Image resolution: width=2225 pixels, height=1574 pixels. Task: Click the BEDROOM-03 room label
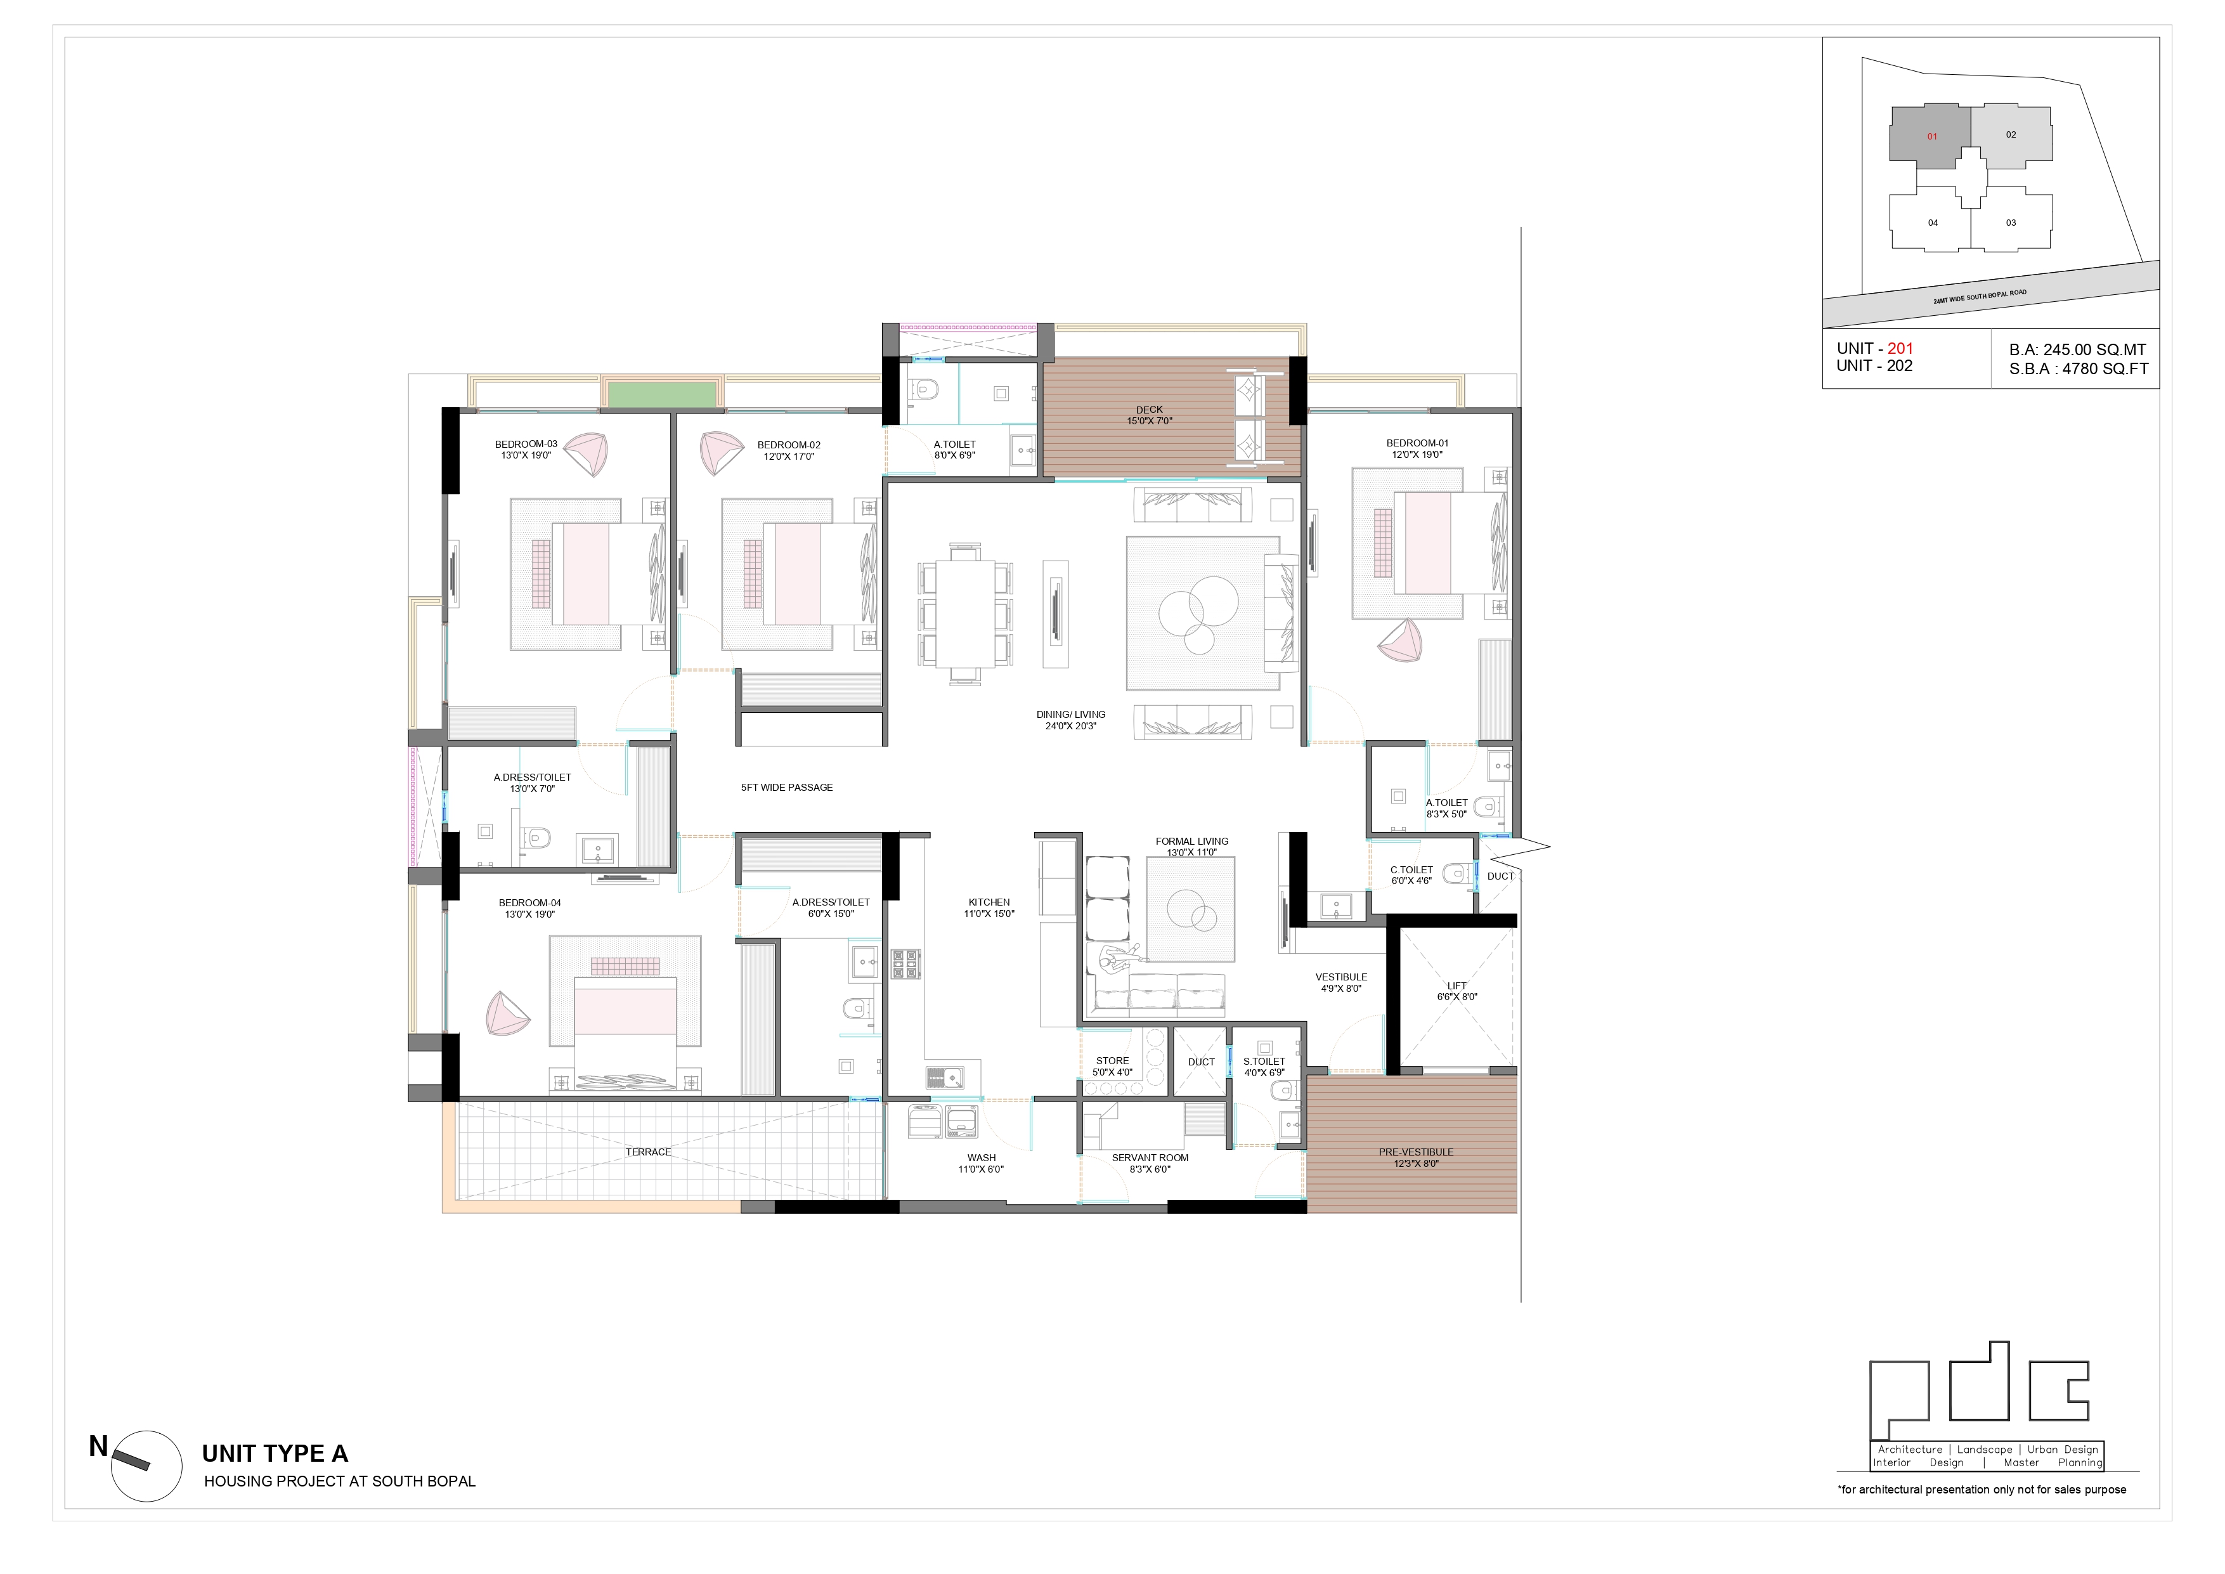pos(526,450)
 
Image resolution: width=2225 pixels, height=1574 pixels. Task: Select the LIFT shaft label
pos(1456,991)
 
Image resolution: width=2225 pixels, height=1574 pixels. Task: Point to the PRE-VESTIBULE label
pos(1416,1158)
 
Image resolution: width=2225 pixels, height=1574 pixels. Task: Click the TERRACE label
pos(648,1152)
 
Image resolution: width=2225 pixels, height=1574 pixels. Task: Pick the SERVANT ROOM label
pos(1150,1163)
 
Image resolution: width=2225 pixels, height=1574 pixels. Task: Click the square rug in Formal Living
pos(1190,909)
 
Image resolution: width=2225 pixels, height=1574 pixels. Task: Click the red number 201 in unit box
pos(1900,349)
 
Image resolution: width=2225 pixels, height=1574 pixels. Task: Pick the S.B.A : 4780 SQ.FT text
pos(2079,368)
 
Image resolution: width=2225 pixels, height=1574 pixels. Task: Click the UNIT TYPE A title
pos(275,1454)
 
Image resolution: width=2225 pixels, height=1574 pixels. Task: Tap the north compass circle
pos(146,1466)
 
